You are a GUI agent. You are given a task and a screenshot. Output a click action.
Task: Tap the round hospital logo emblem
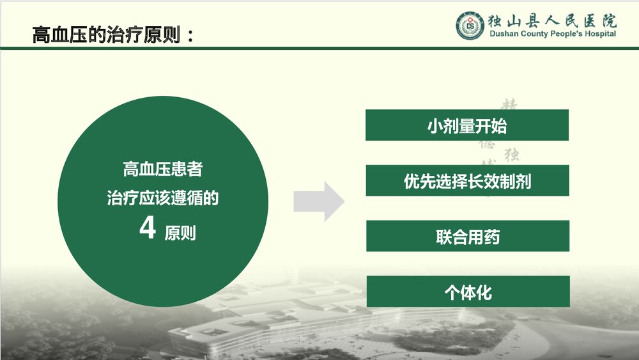click(471, 25)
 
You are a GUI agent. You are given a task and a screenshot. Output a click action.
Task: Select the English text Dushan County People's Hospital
click(553, 34)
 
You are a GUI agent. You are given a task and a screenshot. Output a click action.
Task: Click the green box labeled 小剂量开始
click(467, 125)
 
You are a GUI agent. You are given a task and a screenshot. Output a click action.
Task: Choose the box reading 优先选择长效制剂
click(467, 181)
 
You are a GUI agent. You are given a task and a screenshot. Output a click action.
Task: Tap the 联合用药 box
click(467, 237)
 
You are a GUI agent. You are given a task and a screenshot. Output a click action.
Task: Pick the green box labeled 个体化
click(467, 292)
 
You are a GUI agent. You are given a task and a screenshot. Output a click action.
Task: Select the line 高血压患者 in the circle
click(163, 169)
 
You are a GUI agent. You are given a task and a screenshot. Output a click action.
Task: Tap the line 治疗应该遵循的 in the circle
click(163, 198)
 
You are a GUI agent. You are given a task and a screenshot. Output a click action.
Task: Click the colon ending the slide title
click(189, 36)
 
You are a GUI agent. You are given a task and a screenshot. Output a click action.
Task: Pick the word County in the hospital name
click(535, 34)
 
